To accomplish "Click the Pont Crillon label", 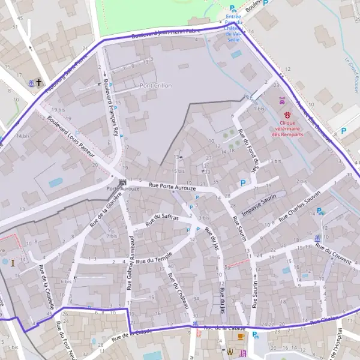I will coord(156,86).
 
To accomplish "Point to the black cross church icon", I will coord(39,82).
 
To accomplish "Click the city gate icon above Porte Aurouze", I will coord(123,181).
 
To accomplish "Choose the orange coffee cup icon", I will coord(241,337).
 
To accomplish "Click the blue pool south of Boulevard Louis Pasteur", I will coord(56,182).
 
